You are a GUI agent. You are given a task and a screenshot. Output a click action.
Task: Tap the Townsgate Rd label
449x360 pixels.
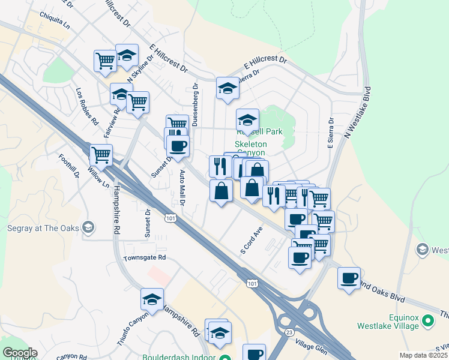144,257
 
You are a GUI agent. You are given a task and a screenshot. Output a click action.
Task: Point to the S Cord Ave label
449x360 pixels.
252,240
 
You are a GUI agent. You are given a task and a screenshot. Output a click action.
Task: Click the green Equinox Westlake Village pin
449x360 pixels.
428,321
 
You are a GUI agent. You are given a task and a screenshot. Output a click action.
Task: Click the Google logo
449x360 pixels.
20,353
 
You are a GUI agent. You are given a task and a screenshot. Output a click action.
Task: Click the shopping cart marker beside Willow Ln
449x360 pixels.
101,155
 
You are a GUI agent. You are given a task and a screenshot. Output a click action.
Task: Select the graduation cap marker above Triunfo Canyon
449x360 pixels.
152,299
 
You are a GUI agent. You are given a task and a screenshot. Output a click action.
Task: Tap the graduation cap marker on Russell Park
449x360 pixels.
247,119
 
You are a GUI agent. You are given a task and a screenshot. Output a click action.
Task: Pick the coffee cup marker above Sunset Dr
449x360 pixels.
178,145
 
